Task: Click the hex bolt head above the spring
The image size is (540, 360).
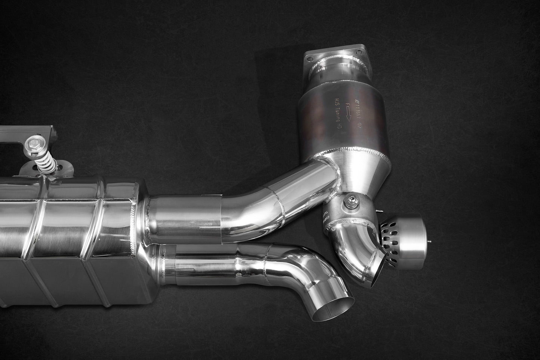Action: (30, 142)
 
